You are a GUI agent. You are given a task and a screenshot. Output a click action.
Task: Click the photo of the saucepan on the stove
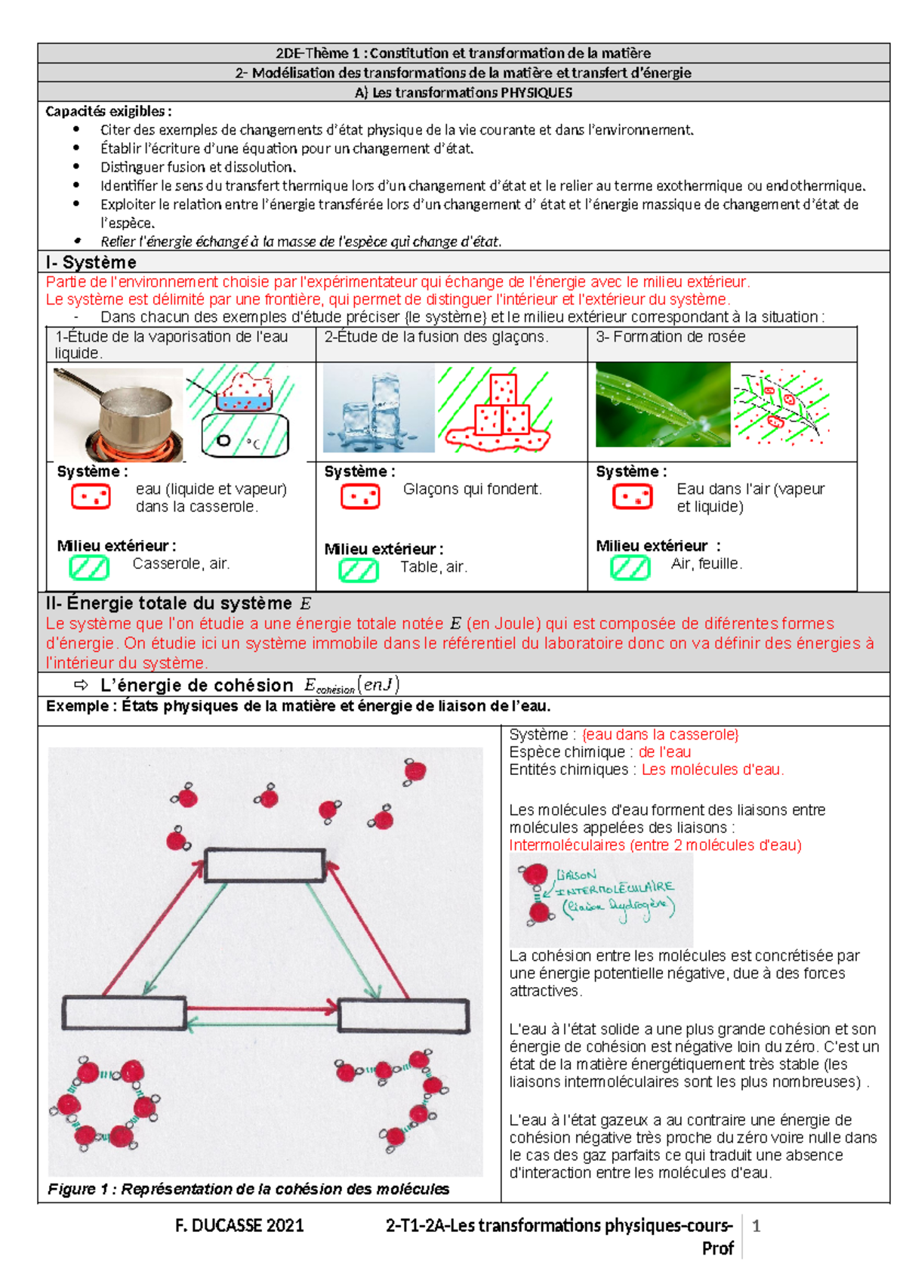[x=119, y=413]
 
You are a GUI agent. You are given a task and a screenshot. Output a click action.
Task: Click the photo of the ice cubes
[x=378, y=409]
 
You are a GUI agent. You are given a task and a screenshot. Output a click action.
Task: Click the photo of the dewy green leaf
[x=662, y=405]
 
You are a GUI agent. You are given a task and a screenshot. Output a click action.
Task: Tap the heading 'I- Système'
[x=91, y=262]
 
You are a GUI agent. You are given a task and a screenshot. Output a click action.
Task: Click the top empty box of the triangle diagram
[x=265, y=866]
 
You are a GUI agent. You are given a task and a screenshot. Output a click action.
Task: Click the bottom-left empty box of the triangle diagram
[x=124, y=1012]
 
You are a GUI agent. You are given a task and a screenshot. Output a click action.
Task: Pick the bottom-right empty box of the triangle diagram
[x=403, y=1015]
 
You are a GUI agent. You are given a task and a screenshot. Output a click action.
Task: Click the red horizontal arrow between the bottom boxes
[x=261, y=1008]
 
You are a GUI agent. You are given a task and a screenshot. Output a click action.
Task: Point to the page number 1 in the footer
[x=756, y=1226]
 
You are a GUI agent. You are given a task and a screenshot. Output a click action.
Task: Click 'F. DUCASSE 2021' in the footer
[x=239, y=1226]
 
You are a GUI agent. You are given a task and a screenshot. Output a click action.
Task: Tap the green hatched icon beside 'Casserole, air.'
[x=89, y=567]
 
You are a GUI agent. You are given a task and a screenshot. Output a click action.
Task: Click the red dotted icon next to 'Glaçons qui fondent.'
[x=360, y=496]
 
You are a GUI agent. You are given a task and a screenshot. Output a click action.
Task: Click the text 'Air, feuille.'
[x=707, y=563]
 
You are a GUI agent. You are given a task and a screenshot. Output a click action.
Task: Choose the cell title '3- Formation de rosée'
[x=670, y=337]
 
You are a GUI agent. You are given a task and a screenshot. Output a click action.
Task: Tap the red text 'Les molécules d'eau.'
[x=712, y=770]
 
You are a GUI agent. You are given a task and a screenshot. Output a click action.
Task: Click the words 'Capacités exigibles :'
[x=108, y=111]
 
